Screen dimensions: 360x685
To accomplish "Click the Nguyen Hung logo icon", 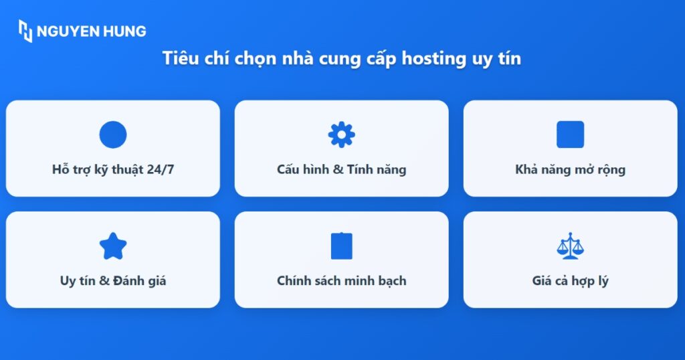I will pyautogui.click(x=25, y=31).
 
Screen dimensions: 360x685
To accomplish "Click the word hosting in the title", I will pyautogui.click(x=432, y=58).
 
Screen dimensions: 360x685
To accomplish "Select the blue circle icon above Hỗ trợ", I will pyautogui.click(x=113, y=134).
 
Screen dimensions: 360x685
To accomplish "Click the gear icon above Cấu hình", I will pyautogui.click(x=341, y=134).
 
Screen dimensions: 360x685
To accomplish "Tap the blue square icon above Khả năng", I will pyautogui.click(x=570, y=134).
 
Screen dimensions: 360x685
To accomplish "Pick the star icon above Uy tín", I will pyautogui.click(x=113, y=246).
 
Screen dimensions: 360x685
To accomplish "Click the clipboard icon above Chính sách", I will pyautogui.click(x=341, y=246).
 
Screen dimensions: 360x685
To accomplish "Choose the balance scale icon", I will pyautogui.click(x=570, y=246).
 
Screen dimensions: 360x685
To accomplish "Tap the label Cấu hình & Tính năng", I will pyautogui.click(x=341, y=169).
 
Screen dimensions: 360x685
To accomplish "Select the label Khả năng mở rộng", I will pyautogui.click(x=570, y=169).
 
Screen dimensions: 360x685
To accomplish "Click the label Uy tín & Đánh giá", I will pyautogui.click(x=113, y=280).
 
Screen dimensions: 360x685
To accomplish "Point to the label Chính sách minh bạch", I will pyautogui.click(x=341, y=280).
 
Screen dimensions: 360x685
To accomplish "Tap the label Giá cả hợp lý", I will pyautogui.click(x=570, y=280).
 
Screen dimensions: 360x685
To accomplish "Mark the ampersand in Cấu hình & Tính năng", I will pyautogui.click(x=338, y=169).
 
